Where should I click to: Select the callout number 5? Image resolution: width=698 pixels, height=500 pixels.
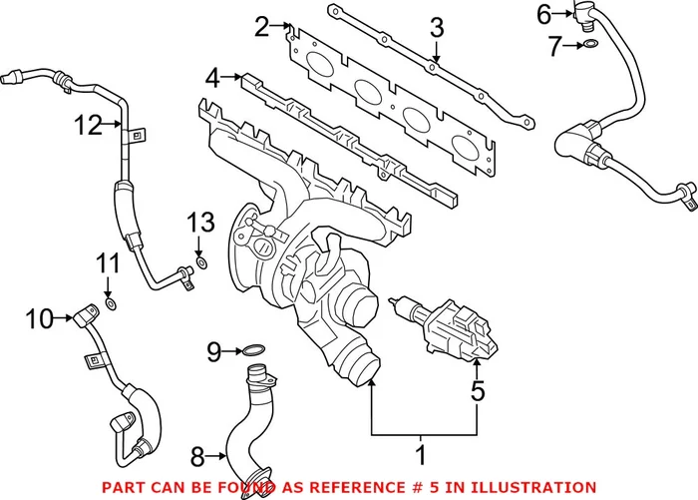point(478,391)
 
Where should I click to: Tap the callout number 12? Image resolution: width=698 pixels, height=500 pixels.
point(89,125)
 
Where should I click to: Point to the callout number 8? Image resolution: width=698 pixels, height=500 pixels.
point(196,457)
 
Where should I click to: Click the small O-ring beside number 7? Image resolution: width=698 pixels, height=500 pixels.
point(592,45)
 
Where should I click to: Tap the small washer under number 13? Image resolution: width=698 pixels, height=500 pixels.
point(202,263)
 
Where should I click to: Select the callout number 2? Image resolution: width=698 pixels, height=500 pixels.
point(261,27)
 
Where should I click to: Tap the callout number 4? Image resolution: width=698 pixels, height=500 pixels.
point(212,76)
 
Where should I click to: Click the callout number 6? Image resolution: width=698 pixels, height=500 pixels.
point(543,14)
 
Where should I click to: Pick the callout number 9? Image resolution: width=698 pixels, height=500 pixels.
point(212,351)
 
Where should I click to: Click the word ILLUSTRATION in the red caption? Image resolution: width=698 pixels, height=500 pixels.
point(539,486)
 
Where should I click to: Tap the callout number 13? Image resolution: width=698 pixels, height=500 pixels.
point(201,221)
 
